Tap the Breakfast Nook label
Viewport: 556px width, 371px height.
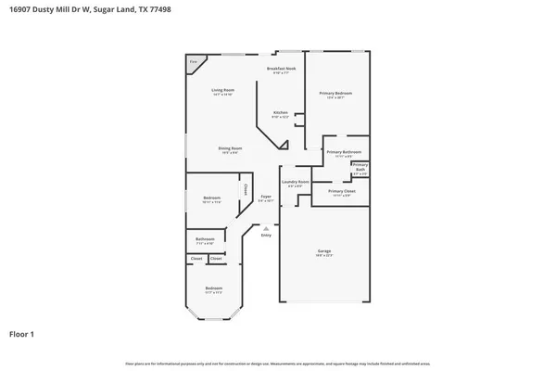tap(281, 69)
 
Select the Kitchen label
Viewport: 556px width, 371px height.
tap(280, 112)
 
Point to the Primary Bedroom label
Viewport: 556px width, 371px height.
tap(335, 93)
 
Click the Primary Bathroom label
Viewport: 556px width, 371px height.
tap(344, 152)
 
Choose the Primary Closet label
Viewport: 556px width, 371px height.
tap(341, 191)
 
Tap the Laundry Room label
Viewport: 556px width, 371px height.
tap(296, 182)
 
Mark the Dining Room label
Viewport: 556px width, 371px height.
tap(230, 148)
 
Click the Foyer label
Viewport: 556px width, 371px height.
tap(265, 197)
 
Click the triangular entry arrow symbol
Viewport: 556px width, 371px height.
tap(266, 228)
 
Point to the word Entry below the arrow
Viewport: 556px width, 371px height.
tap(266, 236)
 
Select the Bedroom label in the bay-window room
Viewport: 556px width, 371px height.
tap(214, 288)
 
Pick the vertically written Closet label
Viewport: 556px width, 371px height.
tap(245, 189)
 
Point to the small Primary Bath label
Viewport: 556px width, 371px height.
tap(360, 166)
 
